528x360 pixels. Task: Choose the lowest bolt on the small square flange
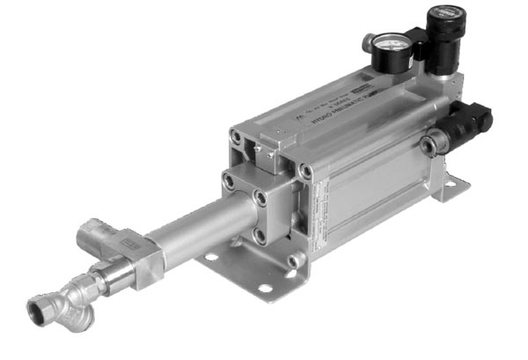(260, 235)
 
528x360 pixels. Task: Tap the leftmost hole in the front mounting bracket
(211, 258)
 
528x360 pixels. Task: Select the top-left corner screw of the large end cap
(236, 136)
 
